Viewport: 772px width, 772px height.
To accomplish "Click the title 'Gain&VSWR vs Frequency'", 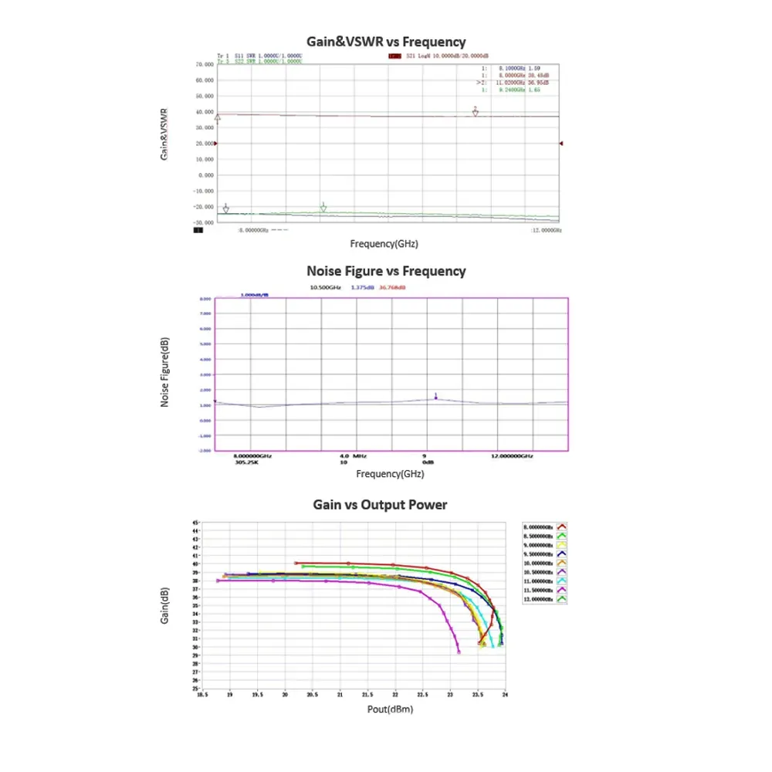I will click(386, 42).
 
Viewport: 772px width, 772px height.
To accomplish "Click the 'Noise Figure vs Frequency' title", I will click(386, 271).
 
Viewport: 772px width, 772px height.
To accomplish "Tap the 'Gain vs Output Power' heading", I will click(380, 505).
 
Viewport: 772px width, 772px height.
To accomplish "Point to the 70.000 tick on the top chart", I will click(204, 65).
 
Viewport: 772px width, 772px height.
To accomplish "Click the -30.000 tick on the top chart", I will click(203, 222).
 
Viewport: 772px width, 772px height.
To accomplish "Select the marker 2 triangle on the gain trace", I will click(476, 112).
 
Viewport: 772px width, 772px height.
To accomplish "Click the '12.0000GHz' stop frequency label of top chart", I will click(547, 230).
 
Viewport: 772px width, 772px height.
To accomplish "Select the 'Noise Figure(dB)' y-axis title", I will click(164, 374).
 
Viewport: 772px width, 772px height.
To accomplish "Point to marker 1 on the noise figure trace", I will click(436, 398).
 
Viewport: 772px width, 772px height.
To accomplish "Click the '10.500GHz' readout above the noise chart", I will click(324, 287).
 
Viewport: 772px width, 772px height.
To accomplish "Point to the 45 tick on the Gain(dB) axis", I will click(195, 523).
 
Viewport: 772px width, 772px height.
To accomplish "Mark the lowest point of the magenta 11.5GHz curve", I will click(459, 652).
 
